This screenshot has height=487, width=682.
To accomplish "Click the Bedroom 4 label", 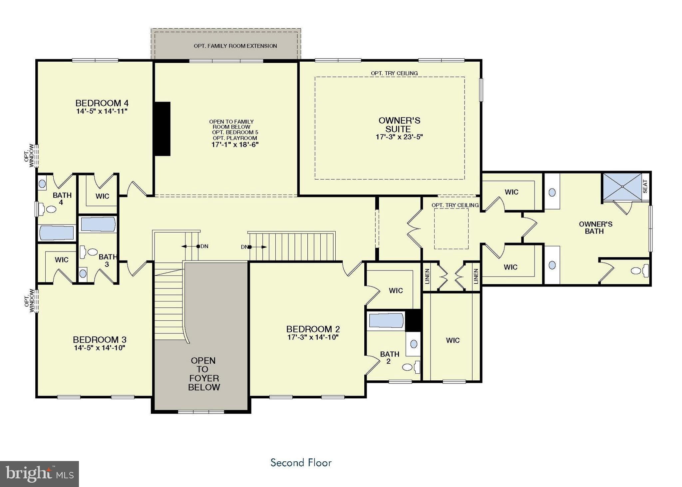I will [102, 103].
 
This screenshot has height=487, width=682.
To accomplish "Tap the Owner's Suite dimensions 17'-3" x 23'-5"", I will [399, 137].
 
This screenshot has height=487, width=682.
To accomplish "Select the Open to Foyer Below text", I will [203, 374].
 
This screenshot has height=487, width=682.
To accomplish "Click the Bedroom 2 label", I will [313, 329].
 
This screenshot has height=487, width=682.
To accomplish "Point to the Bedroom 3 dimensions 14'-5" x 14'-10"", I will [99, 348].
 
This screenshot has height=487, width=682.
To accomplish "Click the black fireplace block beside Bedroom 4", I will [163, 129].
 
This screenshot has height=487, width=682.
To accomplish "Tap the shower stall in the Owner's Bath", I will [622, 187].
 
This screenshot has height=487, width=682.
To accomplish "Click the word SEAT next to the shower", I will [645, 187].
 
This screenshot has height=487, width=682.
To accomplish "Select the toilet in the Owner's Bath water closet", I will [639, 271].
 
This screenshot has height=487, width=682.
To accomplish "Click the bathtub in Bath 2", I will [386, 321].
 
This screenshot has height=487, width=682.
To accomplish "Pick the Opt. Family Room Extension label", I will [235, 46].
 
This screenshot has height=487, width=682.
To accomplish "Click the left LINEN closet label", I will [427, 276].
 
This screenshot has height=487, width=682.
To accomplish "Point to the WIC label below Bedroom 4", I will [102, 196].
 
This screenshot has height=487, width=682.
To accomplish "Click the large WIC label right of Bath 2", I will [453, 340].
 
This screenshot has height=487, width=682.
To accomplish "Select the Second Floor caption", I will [301, 463].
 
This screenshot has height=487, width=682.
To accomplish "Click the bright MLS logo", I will [39, 474].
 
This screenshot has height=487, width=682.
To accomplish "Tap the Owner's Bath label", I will [595, 228].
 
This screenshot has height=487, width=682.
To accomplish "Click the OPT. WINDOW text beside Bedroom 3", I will [29, 300].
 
